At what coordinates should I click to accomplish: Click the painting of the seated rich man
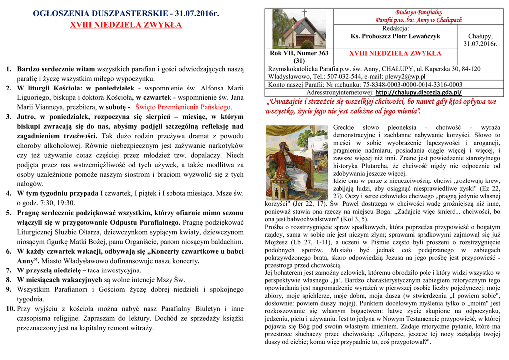point(297,163)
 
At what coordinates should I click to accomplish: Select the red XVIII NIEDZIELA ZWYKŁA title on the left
point(126,25)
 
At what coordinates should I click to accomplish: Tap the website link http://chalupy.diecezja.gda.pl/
point(419,92)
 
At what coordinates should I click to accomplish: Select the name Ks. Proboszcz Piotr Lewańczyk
point(395,36)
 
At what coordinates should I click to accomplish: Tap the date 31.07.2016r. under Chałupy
point(480,44)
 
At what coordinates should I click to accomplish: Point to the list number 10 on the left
point(10,309)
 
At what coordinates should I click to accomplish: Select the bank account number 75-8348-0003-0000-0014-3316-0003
point(405,85)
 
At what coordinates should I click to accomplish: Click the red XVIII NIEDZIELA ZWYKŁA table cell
point(395,53)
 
